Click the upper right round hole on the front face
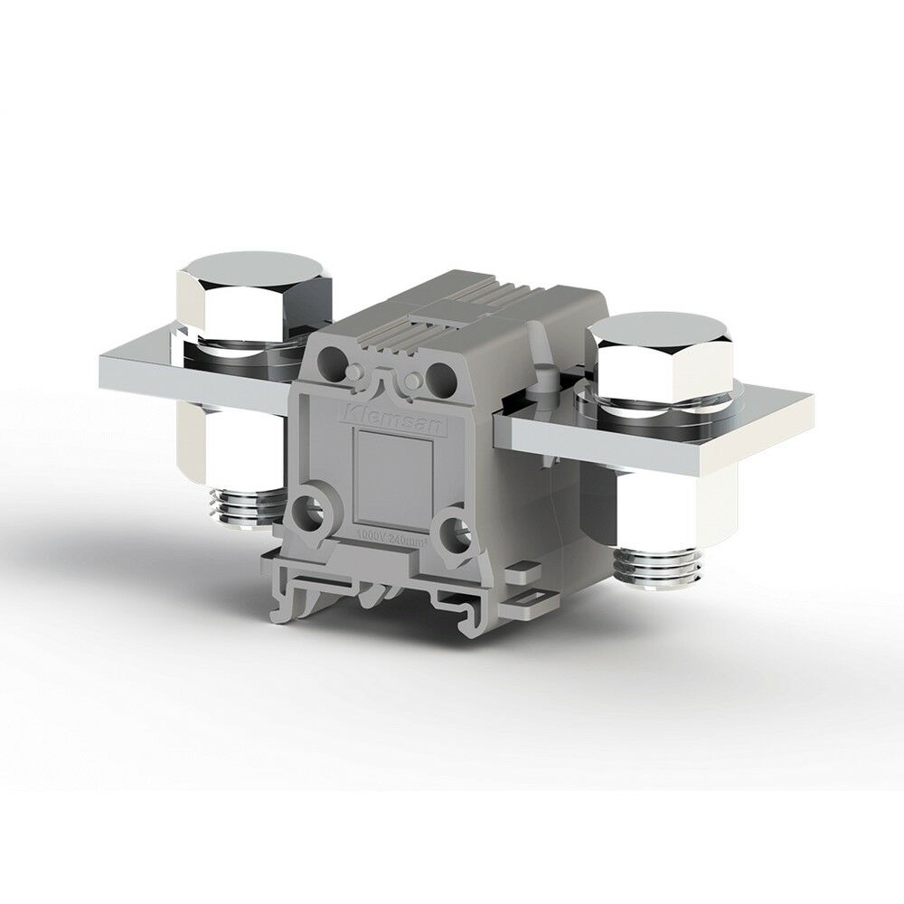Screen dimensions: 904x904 (442, 372)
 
